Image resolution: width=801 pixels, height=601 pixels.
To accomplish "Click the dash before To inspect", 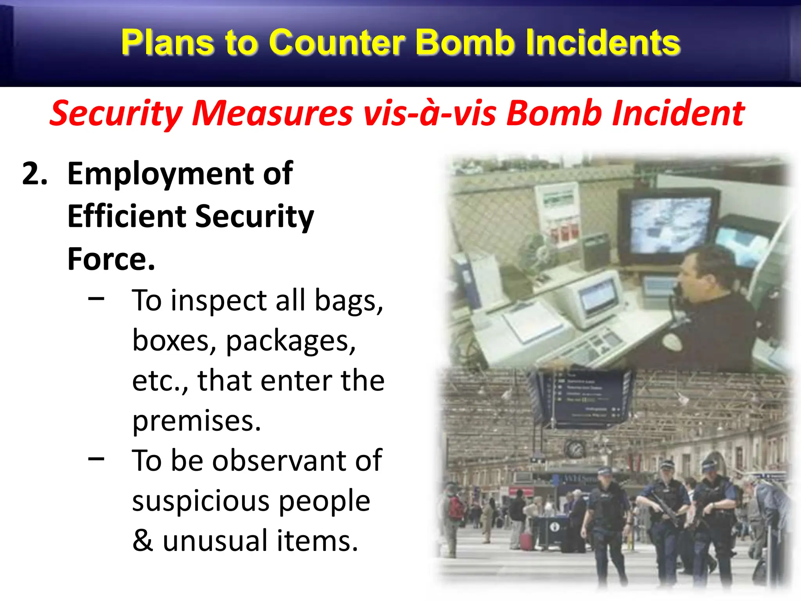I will [96, 299].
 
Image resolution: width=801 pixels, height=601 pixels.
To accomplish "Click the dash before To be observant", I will [96, 459].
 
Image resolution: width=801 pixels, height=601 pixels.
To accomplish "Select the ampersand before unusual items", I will [142, 541].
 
